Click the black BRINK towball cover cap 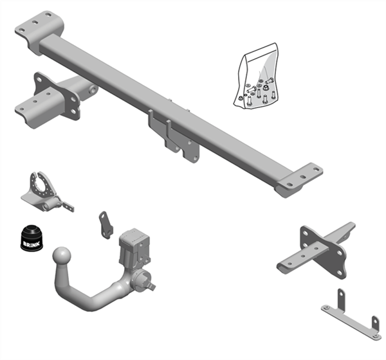(31, 238)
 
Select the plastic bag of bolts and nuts (256, 76)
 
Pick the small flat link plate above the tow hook (106, 225)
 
